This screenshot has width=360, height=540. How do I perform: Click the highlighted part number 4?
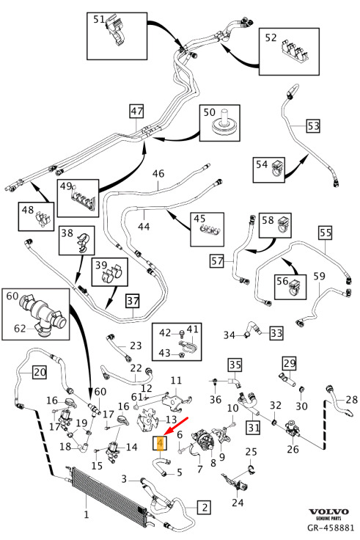pyautogui.click(x=160, y=443)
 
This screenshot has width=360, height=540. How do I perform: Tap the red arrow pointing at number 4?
pyautogui.click(x=176, y=426)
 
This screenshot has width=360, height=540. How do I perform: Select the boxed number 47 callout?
pyautogui.click(x=136, y=112)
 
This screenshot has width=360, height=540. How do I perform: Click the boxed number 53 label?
pyautogui.click(x=313, y=126)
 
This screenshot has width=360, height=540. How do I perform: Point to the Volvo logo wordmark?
pyautogui.click(x=328, y=512)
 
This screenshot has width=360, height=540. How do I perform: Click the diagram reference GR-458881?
pyautogui.click(x=331, y=528)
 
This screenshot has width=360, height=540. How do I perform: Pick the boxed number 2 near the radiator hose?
pyautogui.click(x=205, y=507)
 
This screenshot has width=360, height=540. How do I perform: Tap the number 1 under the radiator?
pyautogui.click(x=87, y=514)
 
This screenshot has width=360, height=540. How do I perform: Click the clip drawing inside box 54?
pyautogui.click(x=277, y=168)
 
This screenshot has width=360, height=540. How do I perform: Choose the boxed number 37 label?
pyautogui.click(x=133, y=301)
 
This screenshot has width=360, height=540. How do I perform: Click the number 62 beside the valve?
pyautogui.click(x=20, y=329)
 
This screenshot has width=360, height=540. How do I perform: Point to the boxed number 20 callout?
pyautogui.click(x=40, y=372)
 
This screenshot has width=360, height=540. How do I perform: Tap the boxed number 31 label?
pyautogui.click(x=254, y=428)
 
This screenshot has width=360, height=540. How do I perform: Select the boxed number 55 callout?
pyautogui.click(x=326, y=233)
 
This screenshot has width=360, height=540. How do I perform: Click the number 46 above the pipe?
pyautogui.click(x=158, y=173)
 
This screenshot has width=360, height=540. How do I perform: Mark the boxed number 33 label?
pyautogui.click(x=276, y=333)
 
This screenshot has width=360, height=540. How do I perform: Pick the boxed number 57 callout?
pyautogui.click(x=217, y=260)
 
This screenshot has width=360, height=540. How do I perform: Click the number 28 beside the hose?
pyautogui.click(x=352, y=399)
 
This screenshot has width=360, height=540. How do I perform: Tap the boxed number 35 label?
pyautogui.click(x=235, y=365)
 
